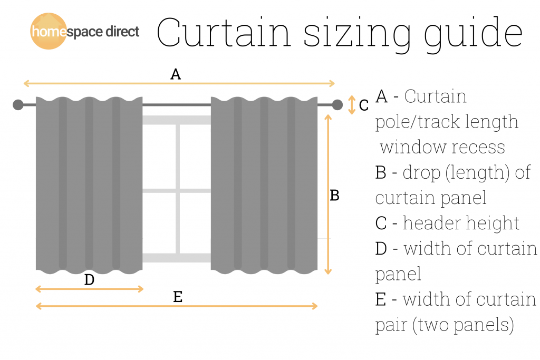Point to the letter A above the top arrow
click(x=176, y=75)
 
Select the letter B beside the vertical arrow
click(x=334, y=196)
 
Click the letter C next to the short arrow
click(x=364, y=106)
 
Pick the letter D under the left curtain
click(x=89, y=280)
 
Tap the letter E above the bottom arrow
click(x=178, y=297)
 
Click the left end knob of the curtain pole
click(x=18, y=105)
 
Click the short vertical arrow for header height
click(x=352, y=105)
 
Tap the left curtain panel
click(x=89, y=184)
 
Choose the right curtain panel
click(x=264, y=184)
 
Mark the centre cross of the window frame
click(x=178, y=191)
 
